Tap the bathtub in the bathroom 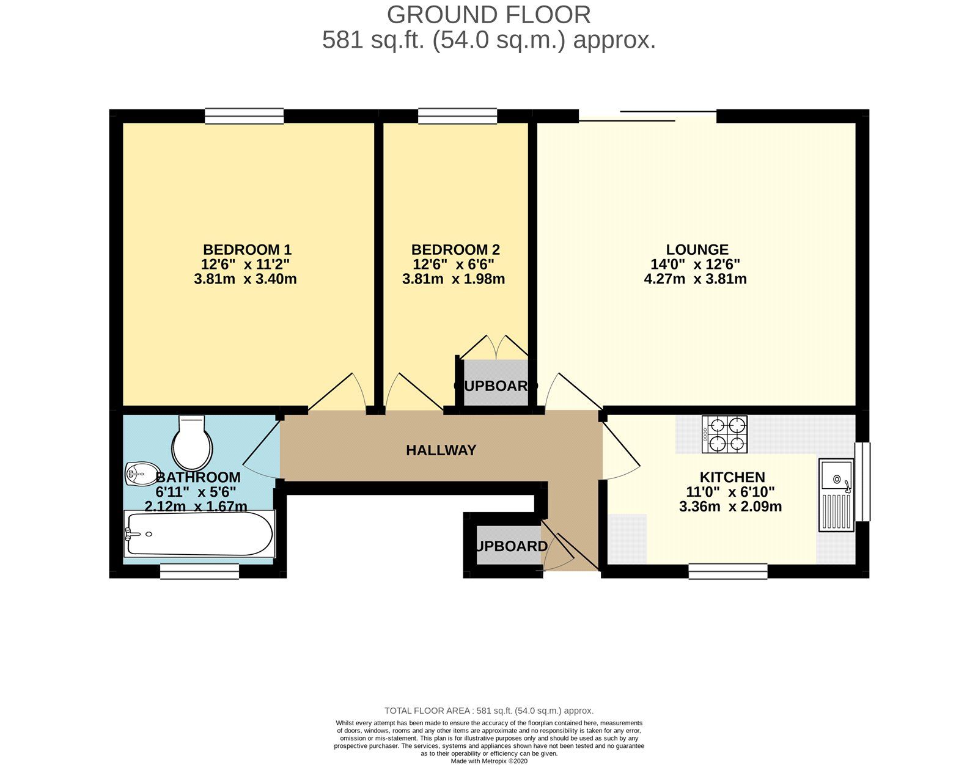[199, 534]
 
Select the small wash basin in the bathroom [139, 474]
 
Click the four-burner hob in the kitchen [725, 434]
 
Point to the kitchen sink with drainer [837, 495]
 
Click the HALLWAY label [441, 450]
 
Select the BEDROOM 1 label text [247, 249]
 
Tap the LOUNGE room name [697, 249]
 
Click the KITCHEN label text [732, 477]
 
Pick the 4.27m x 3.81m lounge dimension [695, 279]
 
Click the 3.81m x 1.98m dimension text [453, 279]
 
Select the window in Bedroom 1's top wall [244, 116]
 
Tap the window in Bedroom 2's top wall [457, 116]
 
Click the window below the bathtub [199, 571]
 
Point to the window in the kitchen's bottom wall [727, 571]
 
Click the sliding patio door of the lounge [648, 116]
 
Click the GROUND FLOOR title [488, 15]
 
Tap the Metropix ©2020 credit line [488, 761]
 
